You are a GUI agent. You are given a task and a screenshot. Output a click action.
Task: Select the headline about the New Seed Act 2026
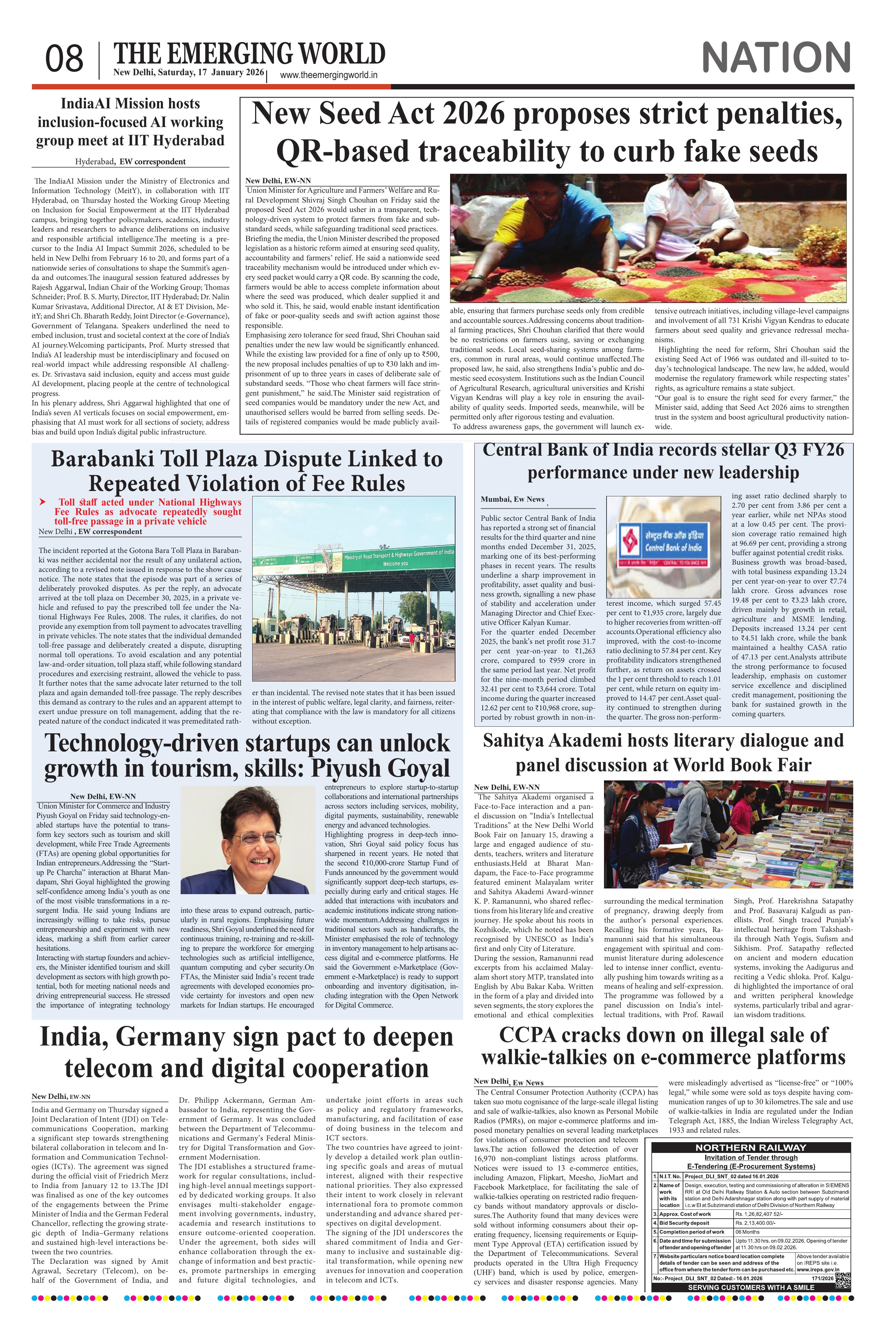[x=546, y=133]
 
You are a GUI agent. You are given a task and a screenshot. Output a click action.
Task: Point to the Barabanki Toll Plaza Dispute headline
[x=247, y=470]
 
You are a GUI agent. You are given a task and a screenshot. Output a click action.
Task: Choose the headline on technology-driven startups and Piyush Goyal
[x=247, y=755]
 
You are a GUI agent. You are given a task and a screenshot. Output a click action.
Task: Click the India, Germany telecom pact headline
[x=247, y=1053]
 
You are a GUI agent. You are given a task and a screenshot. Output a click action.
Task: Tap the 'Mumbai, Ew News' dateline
[x=512, y=499]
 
